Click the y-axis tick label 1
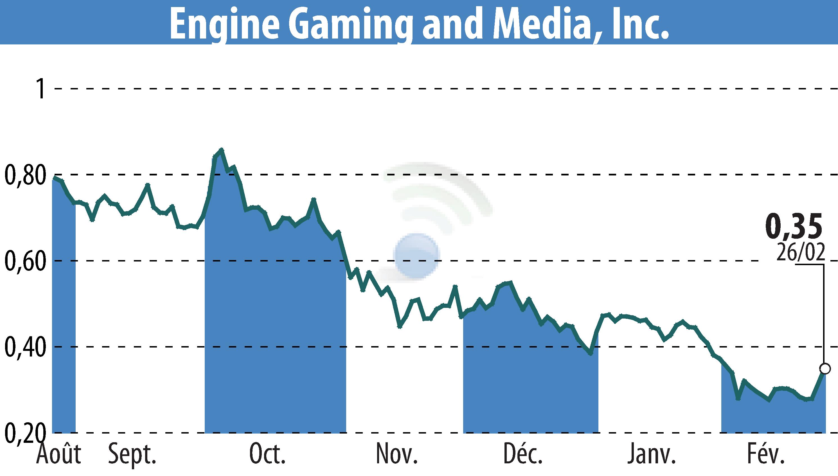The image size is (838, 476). (x=41, y=89)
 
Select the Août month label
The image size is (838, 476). (x=59, y=454)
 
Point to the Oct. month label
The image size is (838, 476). (x=267, y=454)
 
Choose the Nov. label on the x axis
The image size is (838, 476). (x=397, y=454)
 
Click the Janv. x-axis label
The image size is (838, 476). (x=651, y=454)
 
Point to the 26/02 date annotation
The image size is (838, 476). (x=800, y=252)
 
